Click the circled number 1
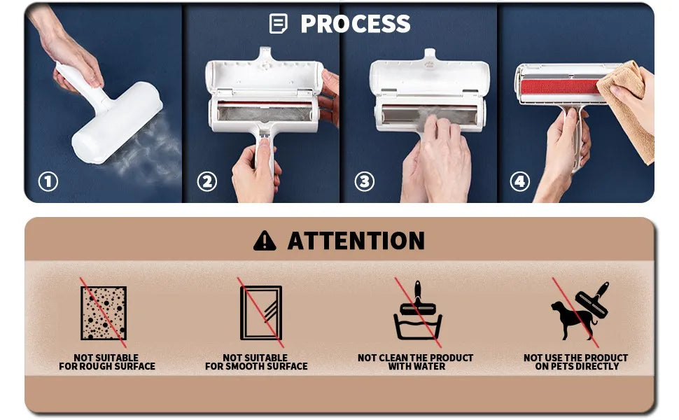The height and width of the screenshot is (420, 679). point(48,182)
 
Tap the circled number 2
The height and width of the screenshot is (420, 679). point(207,182)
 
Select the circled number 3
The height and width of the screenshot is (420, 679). point(365,182)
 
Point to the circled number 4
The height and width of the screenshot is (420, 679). point(519,182)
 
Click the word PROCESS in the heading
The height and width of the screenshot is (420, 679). point(356,24)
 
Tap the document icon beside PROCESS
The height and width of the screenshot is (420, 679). point(278,23)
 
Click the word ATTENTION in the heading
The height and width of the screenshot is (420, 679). point(356,241)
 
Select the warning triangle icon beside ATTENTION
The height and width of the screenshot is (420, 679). point(265,241)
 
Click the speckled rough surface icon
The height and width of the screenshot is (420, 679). point(104,313)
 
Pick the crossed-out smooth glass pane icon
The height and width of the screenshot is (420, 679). point(261,313)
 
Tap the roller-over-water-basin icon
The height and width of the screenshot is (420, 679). point(418,311)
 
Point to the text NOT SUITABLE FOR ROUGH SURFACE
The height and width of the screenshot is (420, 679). point(107,362)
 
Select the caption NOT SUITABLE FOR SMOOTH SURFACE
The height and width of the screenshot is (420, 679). point(256,362)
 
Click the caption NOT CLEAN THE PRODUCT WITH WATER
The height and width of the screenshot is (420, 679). point(416,362)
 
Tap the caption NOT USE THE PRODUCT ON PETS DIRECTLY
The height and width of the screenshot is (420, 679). point(576,362)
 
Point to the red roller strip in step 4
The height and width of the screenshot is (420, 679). point(559,87)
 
